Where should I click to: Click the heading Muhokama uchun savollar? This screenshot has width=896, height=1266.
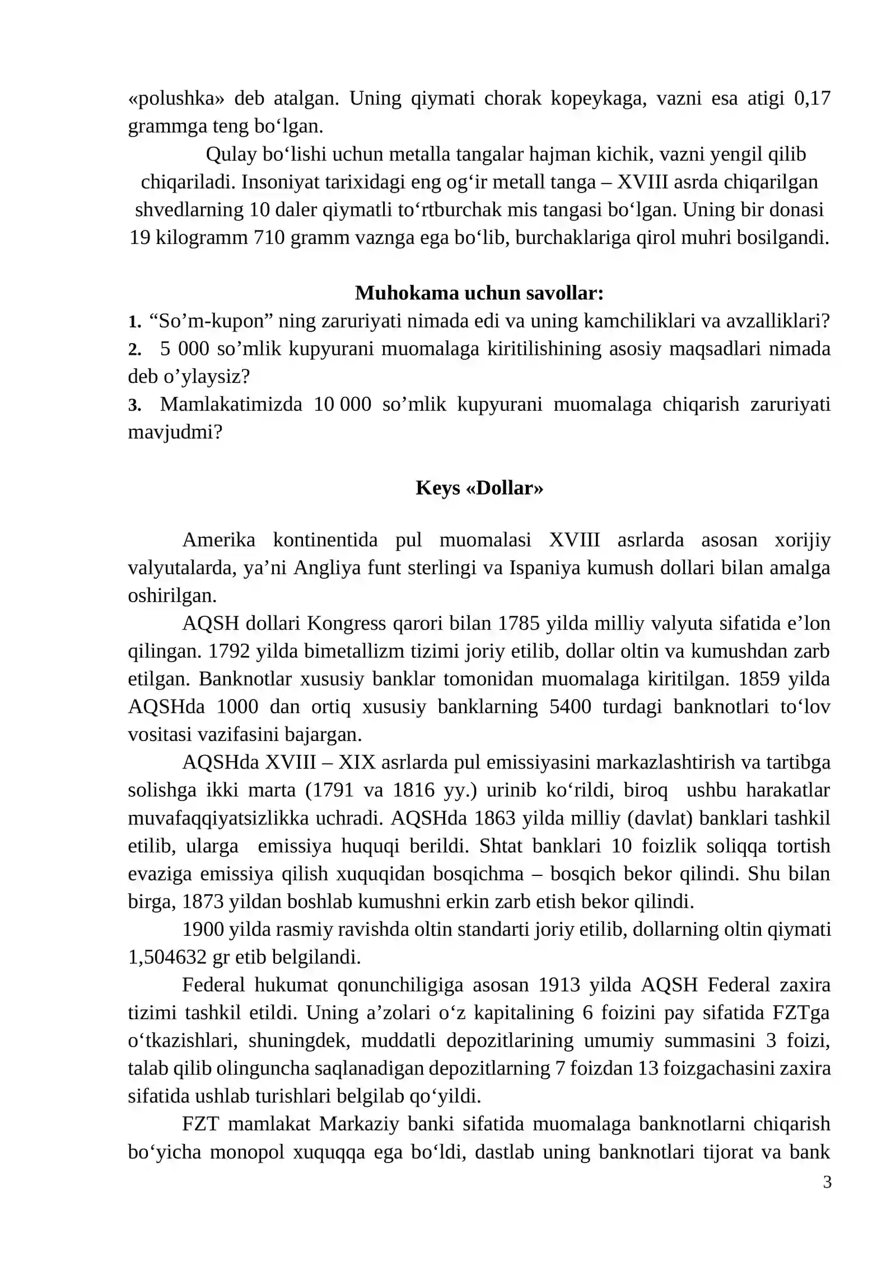[479, 293]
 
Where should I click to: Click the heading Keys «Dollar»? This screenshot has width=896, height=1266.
[479, 487]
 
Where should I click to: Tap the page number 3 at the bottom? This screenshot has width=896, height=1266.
[827, 1182]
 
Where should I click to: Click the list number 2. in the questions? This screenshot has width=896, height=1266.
[134, 349]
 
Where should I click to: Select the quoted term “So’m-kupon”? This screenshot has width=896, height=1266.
[211, 321]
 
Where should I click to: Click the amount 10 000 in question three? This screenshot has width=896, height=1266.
[342, 404]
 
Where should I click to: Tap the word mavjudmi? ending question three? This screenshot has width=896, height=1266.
[175, 432]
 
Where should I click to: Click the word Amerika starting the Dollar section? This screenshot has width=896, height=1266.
[218, 540]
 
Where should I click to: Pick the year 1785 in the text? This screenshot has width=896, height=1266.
[519, 623]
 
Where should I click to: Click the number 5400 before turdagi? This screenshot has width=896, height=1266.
[570, 706]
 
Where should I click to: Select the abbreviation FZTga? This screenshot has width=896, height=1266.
[801, 1012]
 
